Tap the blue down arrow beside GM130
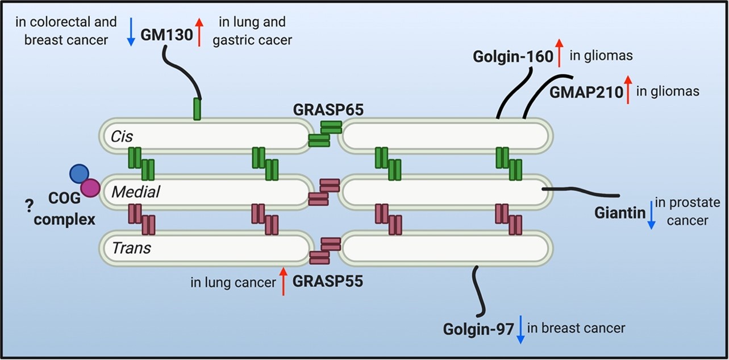[x=131, y=32]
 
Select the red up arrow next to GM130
[x=199, y=32]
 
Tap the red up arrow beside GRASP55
[x=283, y=282]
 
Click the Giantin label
[x=620, y=214]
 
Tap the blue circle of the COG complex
[x=79, y=173]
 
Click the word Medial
[x=135, y=192]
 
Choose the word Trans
[x=131, y=247]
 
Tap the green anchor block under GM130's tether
[x=197, y=109]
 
